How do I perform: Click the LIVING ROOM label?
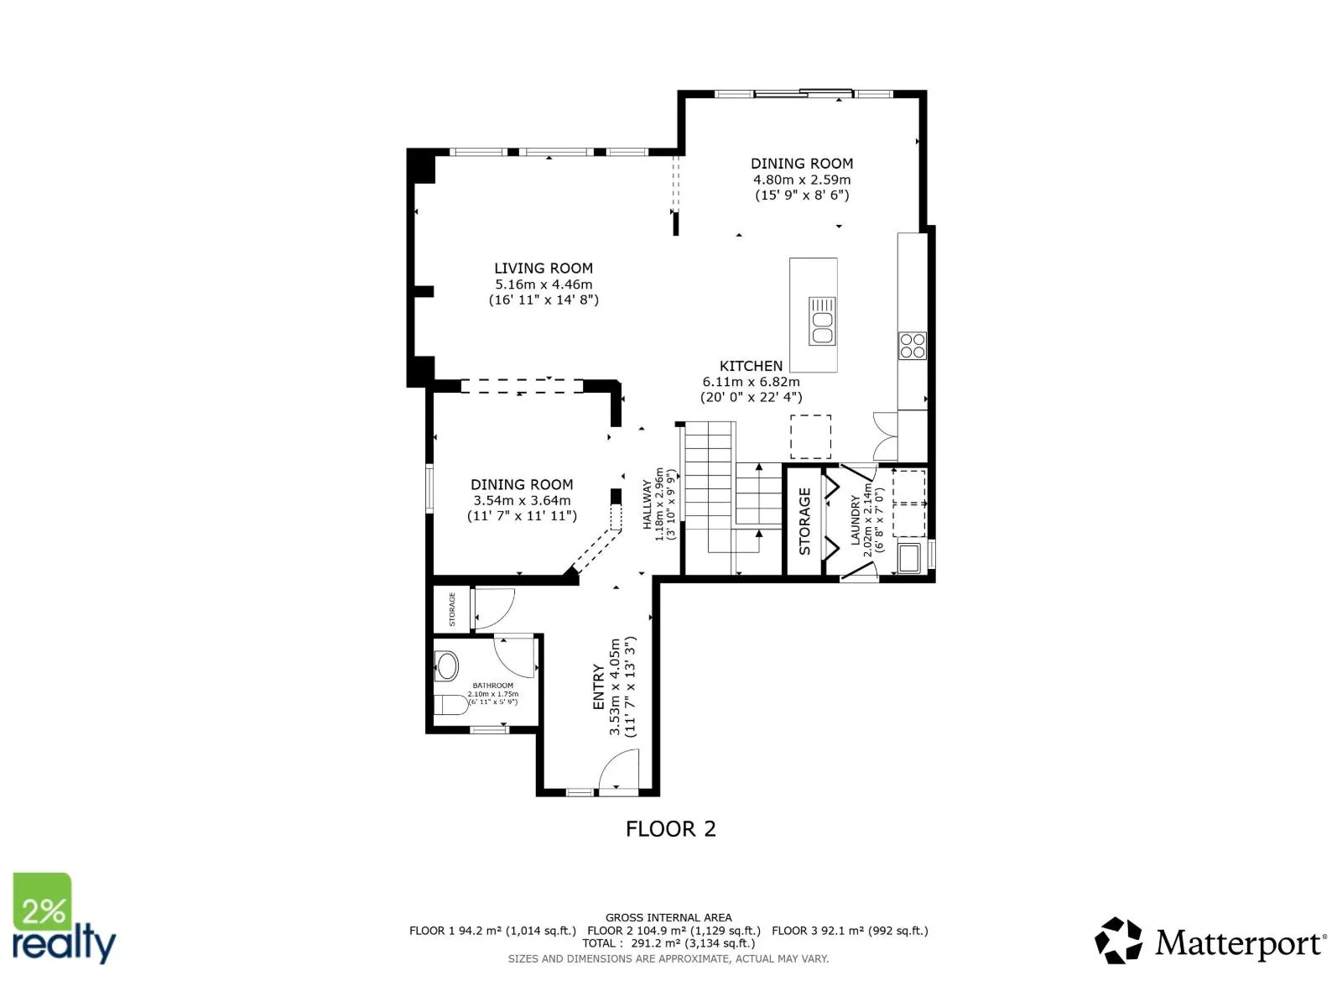tap(543, 268)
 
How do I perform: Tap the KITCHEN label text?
tap(751, 366)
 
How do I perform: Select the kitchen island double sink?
tap(822, 321)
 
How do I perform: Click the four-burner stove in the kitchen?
tap(913, 346)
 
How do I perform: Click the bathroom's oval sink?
tap(446, 665)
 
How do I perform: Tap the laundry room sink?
tap(909, 558)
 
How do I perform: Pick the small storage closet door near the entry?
tap(494, 608)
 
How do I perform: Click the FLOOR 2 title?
tap(670, 829)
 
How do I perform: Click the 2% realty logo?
tap(64, 918)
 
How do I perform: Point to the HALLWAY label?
tap(647, 504)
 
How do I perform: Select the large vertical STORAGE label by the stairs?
tap(804, 521)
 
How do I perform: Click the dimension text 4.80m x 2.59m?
tap(802, 180)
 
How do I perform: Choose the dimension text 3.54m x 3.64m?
tap(522, 501)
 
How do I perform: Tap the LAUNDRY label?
tap(856, 520)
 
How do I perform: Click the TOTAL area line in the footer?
tap(668, 942)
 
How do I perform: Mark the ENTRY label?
tap(599, 687)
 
